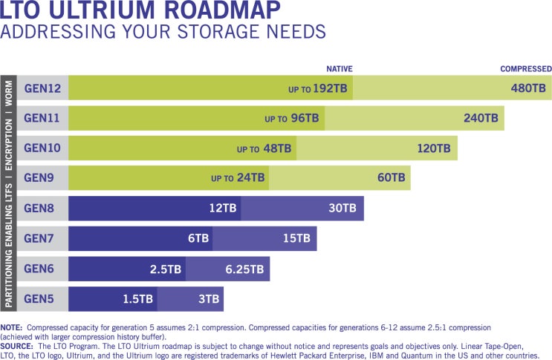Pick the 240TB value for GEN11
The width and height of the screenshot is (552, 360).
[481, 118]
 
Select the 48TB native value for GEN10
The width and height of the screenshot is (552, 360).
[277, 148]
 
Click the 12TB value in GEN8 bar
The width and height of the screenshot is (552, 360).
[223, 209]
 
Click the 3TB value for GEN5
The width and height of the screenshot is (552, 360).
[209, 299]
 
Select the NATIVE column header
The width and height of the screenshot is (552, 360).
[339, 69]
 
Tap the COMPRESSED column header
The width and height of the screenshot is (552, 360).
[525, 69]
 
